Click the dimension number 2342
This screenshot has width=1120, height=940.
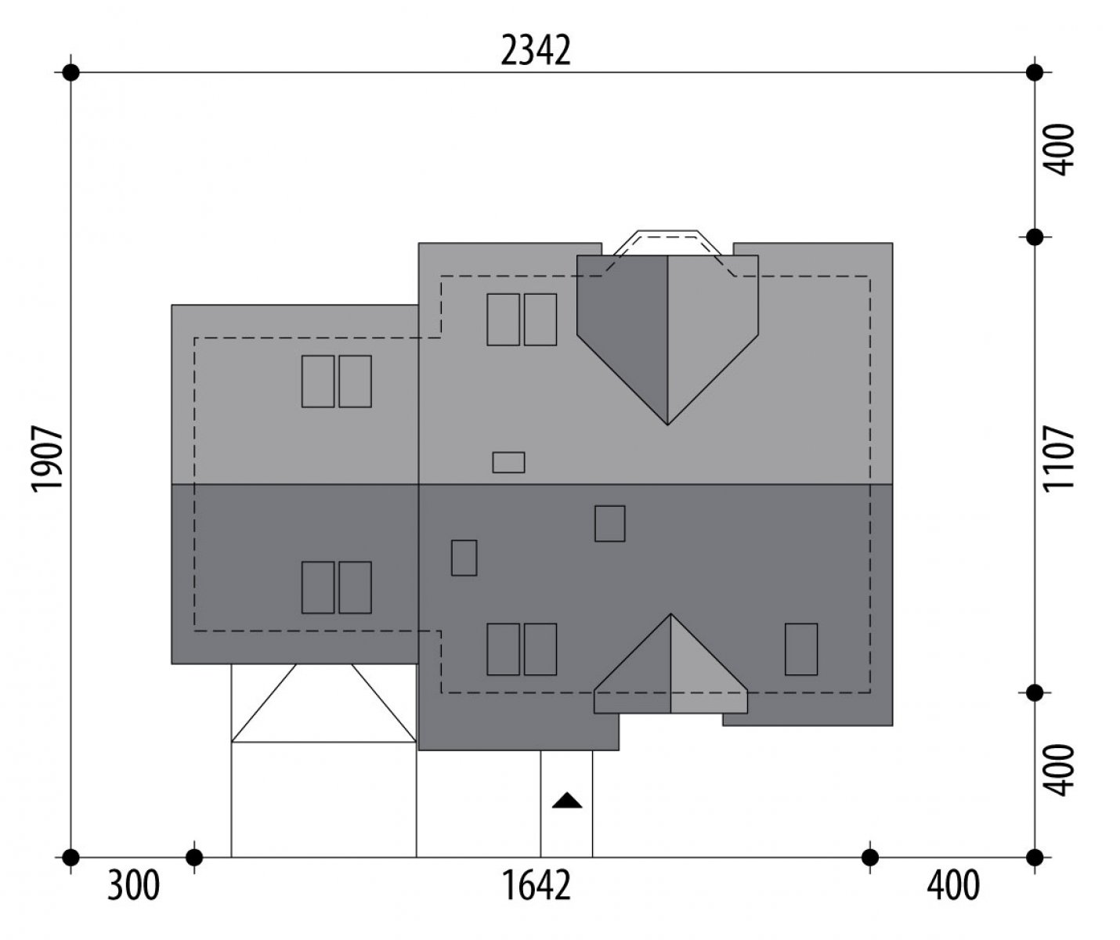coord(535,50)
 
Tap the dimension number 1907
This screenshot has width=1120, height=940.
coord(48,459)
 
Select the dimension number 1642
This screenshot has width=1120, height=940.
coord(536,886)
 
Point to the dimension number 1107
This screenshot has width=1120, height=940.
coord(1060,459)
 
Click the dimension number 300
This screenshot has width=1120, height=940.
coord(134,886)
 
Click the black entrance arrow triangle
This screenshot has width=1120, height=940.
coord(567,800)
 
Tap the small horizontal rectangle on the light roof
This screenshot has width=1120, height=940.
coord(508,462)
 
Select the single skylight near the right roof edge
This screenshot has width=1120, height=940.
coord(801,649)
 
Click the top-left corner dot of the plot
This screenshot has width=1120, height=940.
coord(70,72)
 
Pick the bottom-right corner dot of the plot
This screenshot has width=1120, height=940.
coord(1035,858)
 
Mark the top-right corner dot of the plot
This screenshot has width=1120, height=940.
coord(1035,72)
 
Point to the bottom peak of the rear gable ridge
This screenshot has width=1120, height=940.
coord(667,425)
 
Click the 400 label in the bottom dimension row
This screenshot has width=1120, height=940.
coord(953,886)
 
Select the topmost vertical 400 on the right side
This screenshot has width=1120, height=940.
coord(1060,150)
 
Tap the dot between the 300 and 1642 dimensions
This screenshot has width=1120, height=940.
coord(194,858)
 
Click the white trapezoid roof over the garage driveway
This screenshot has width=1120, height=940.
coord(324,703)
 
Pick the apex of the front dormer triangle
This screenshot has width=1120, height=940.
coord(670,614)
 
